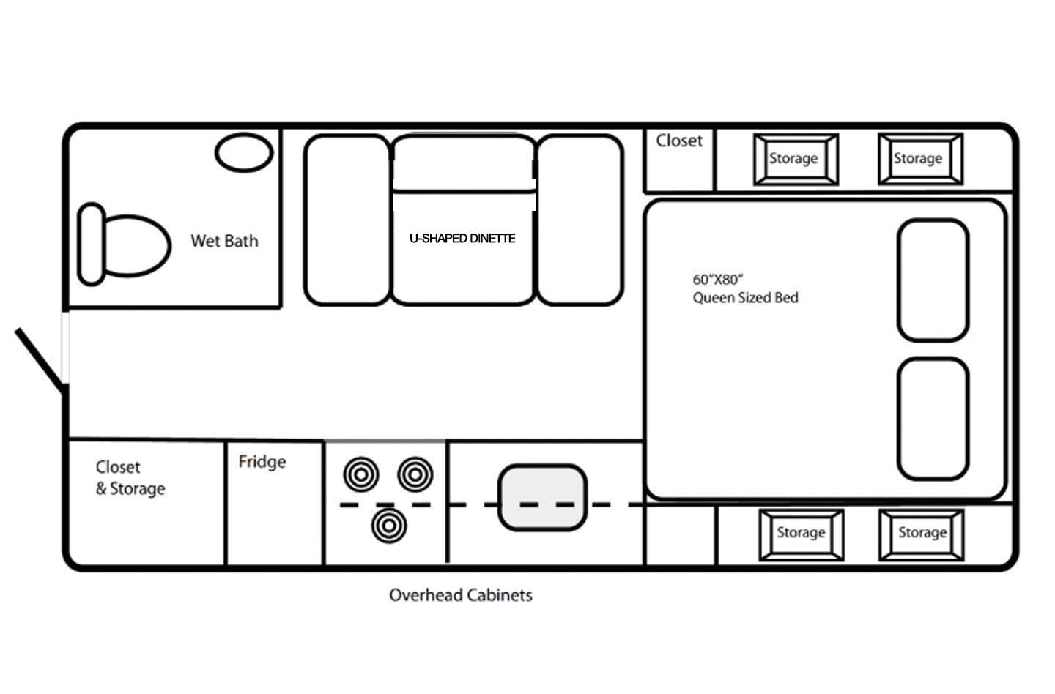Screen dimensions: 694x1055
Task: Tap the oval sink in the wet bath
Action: (244, 153)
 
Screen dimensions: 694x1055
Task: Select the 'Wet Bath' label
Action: (224, 241)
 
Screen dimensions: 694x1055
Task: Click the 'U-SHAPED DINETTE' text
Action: (462, 239)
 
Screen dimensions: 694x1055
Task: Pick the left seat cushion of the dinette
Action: (347, 220)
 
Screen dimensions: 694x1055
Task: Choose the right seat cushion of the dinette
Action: (580, 220)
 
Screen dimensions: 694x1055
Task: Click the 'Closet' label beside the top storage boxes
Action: (678, 141)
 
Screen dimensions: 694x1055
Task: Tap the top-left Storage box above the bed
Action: (795, 159)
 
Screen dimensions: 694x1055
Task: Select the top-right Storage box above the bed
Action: (919, 159)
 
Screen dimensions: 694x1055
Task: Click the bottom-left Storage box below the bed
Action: (801, 534)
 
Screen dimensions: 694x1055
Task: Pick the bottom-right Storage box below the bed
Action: (922, 534)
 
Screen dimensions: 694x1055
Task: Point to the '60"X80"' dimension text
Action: (718, 280)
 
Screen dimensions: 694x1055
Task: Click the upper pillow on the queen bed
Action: (933, 280)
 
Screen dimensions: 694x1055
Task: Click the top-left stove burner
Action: (361, 474)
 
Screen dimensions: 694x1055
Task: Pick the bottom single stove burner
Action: (388, 525)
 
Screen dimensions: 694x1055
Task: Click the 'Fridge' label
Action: (262, 462)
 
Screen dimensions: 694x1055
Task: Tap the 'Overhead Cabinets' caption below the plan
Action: (460, 595)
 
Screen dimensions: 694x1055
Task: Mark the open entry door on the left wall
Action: (40, 357)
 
